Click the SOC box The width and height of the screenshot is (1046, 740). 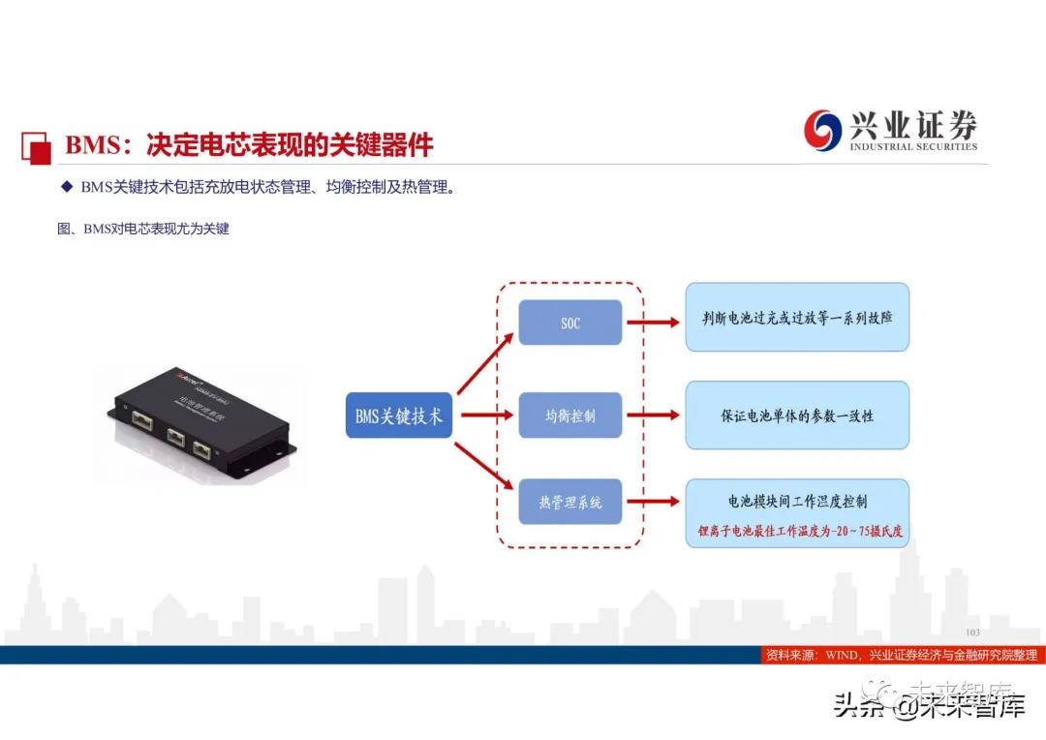[569, 323]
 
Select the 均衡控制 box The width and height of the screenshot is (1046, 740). [569, 416]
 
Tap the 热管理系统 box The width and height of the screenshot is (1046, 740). [569, 502]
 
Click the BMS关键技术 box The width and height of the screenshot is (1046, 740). [399, 416]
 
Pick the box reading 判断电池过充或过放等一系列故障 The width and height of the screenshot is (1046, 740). [797, 317]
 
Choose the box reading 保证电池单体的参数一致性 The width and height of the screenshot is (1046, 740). [797, 415]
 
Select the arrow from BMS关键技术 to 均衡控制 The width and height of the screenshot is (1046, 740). [486, 416]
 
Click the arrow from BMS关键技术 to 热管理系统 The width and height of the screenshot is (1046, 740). [486, 467]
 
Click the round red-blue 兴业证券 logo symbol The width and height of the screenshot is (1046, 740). [823, 130]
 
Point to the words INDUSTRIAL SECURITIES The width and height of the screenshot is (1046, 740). [913, 147]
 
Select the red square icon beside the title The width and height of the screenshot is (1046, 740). [37, 145]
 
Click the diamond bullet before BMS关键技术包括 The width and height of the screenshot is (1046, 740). [66, 187]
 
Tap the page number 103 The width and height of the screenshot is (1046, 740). [972, 632]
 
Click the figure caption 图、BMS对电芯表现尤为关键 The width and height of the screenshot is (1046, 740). [143, 231]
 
